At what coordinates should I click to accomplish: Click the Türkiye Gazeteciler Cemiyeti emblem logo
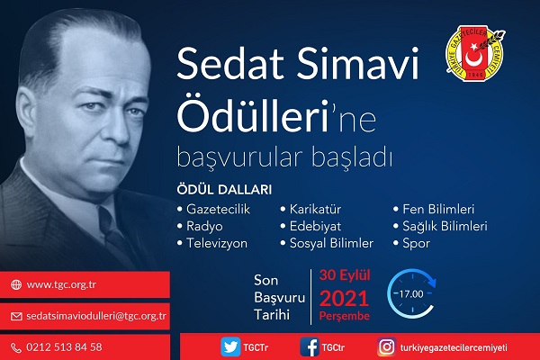tap(475, 53)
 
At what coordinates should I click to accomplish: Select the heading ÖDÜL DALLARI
tap(224, 190)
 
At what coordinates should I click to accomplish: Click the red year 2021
tap(344, 298)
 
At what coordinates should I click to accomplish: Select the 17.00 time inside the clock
tap(411, 294)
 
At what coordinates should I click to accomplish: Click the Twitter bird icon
tap(230, 346)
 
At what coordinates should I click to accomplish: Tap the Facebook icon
tap(310, 346)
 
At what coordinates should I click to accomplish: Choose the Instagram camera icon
tap(386, 346)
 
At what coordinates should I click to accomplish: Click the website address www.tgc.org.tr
tap(61, 285)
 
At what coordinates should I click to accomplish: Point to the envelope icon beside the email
tap(16, 316)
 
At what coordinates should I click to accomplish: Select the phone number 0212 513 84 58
tap(64, 346)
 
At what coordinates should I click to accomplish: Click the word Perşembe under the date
tap(345, 316)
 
